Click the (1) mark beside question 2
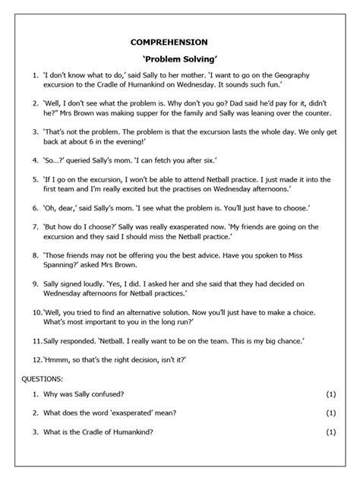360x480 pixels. (x=330, y=413)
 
